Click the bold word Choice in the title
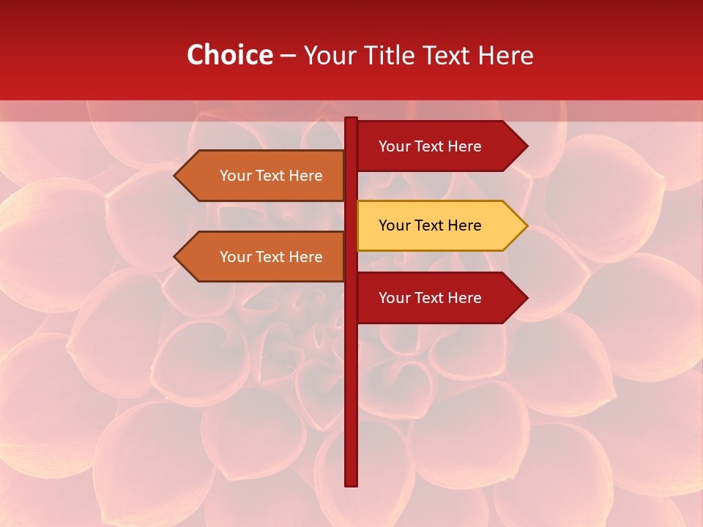pyautogui.click(x=229, y=55)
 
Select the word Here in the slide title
pyautogui.click(x=505, y=55)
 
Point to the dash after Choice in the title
pyautogui.click(x=288, y=56)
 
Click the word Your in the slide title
pyautogui.click(x=330, y=55)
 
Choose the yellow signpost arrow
pyautogui.click(x=432, y=225)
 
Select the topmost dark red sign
pyautogui.click(x=432, y=146)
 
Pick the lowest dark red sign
pyautogui.click(x=432, y=298)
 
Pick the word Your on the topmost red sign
pyautogui.click(x=394, y=146)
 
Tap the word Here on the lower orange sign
pyautogui.click(x=305, y=257)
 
